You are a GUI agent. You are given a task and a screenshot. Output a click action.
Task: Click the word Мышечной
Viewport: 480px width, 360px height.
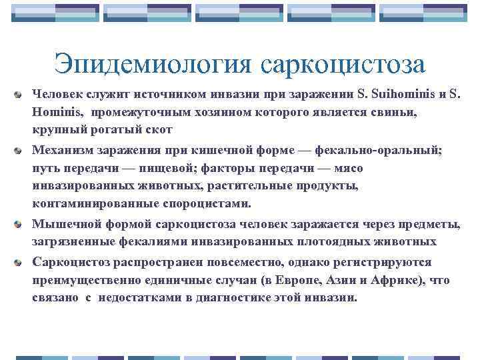click(x=67, y=224)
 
